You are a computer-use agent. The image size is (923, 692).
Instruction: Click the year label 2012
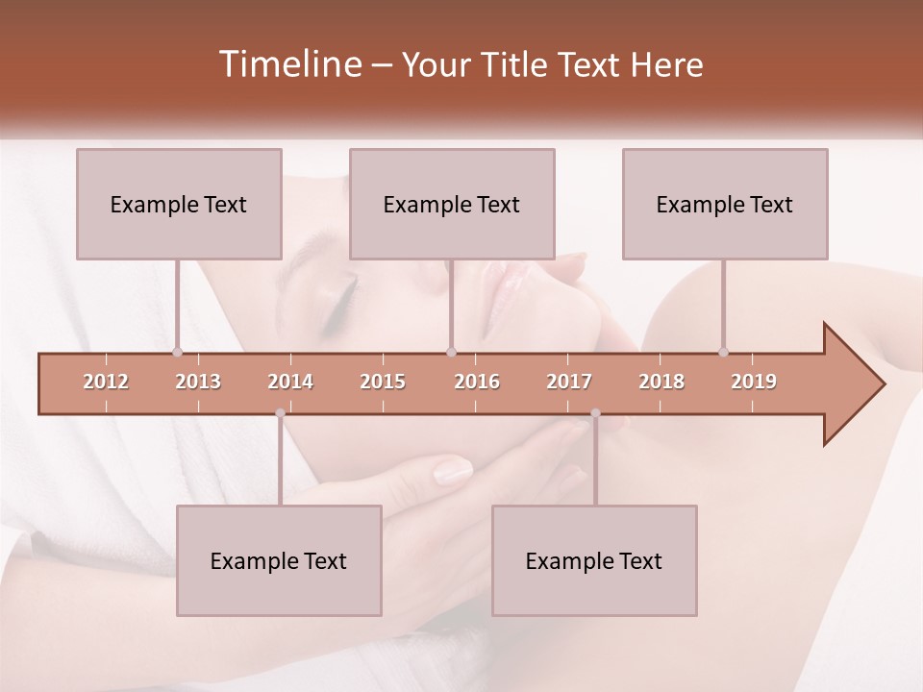click(x=106, y=382)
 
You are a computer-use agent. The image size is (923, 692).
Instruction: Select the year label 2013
click(x=198, y=382)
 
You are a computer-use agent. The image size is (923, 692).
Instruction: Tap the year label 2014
click(x=290, y=382)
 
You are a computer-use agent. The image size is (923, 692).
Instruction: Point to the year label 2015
click(x=383, y=382)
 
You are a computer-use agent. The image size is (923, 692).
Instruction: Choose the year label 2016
click(x=477, y=382)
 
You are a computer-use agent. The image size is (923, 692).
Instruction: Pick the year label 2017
click(x=569, y=382)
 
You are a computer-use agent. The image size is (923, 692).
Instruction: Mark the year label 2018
click(x=661, y=382)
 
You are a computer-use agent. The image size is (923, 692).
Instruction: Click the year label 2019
click(x=754, y=382)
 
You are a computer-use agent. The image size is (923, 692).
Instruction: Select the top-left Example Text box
click(x=179, y=204)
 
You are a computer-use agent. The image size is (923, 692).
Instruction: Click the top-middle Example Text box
click(x=452, y=204)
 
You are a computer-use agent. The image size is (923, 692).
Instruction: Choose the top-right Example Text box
click(x=725, y=204)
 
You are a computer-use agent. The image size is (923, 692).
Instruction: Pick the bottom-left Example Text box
click(x=279, y=560)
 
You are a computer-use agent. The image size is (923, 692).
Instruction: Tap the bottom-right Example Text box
click(x=594, y=560)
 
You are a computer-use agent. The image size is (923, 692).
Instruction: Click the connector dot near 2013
click(x=177, y=352)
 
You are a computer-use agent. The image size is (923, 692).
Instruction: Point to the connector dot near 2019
click(x=723, y=352)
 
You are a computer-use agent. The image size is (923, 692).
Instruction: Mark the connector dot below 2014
click(x=280, y=413)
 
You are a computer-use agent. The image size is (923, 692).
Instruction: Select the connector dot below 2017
click(x=595, y=413)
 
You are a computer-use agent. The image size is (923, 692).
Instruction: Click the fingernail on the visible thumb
click(x=452, y=471)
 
